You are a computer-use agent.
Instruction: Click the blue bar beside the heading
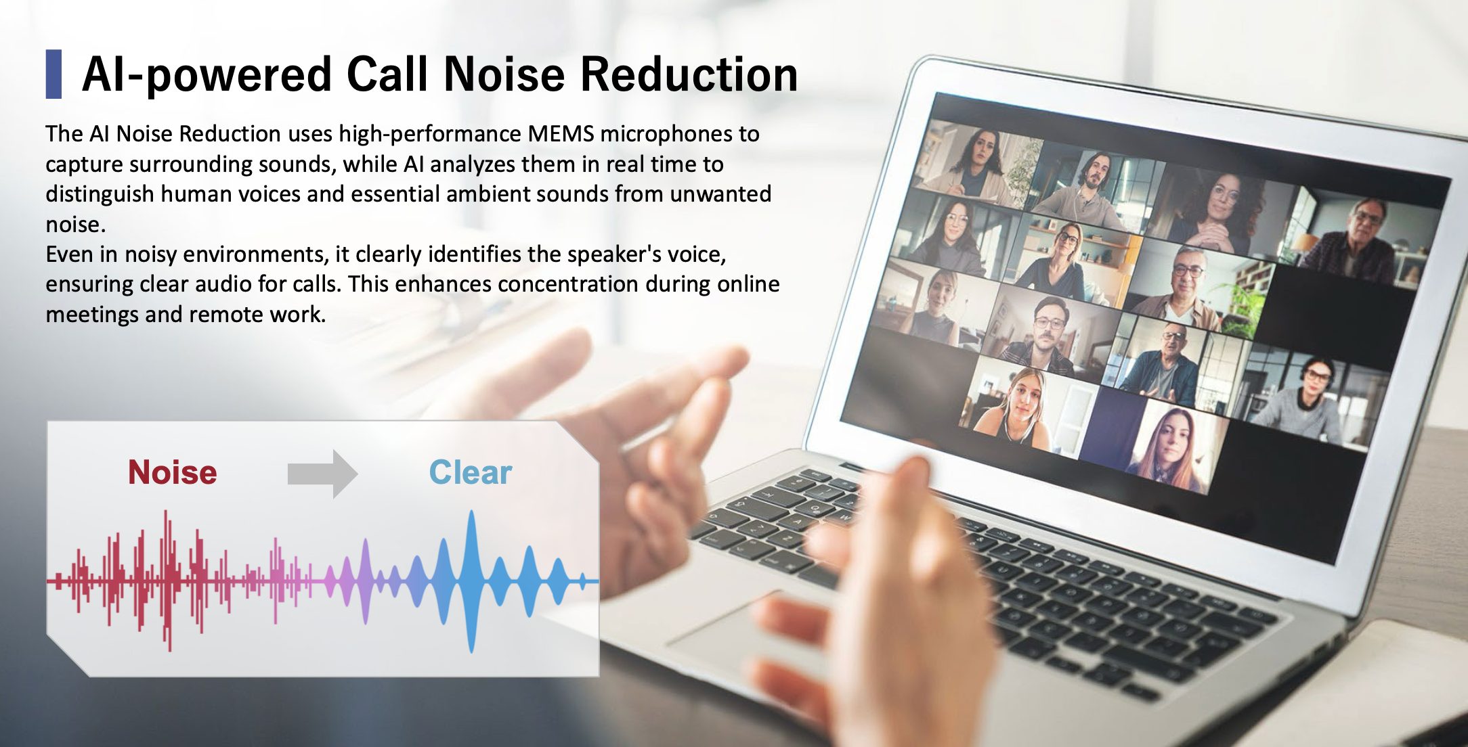53,74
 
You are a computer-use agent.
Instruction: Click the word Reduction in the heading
689,74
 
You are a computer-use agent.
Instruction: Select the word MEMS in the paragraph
561,133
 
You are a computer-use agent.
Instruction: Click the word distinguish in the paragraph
100,194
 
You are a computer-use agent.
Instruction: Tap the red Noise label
173,472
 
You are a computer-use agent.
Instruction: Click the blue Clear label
471,472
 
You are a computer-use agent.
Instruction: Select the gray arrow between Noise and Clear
322,474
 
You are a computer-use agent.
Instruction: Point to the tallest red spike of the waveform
167,581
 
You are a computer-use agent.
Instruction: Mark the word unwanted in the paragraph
720,194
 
